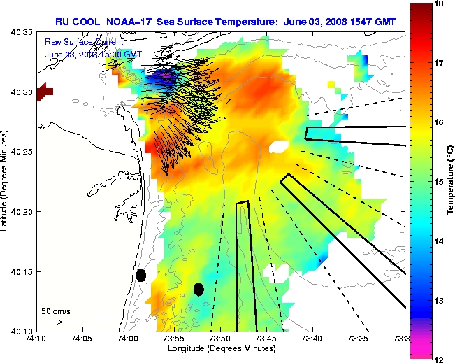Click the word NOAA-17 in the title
[136, 22]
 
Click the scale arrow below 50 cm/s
[54, 322]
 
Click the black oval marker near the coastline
[140, 275]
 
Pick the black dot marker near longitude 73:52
[198, 289]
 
